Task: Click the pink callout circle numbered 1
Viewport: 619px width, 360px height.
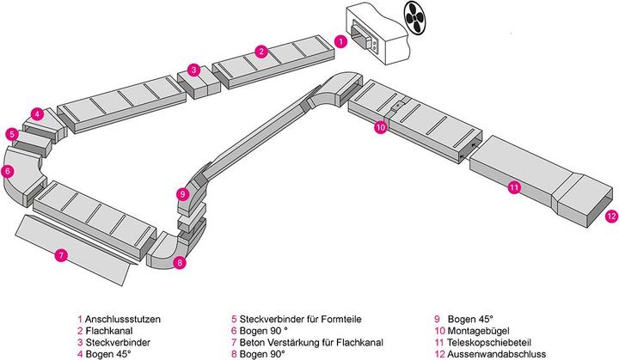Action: coord(341,40)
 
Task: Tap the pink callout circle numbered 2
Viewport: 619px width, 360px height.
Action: coord(260,51)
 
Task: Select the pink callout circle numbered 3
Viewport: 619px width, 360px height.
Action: coord(194,70)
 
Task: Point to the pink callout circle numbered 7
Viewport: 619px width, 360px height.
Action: coord(60,255)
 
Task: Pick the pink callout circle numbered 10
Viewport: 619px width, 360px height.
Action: coord(381,126)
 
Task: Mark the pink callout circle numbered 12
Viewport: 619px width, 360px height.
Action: coord(610,216)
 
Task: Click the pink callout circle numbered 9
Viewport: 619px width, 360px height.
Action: coord(182,194)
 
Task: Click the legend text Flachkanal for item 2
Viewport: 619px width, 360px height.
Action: coord(105,329)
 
